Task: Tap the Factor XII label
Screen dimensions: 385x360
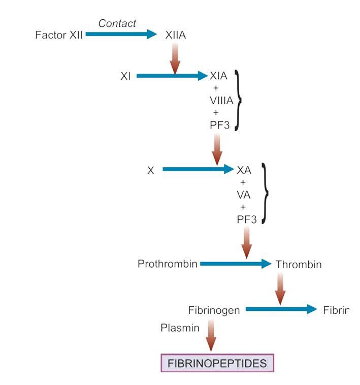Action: point(59,35)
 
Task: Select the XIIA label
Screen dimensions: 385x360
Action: point(176,36)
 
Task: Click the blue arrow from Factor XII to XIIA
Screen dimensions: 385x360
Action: point(121,35)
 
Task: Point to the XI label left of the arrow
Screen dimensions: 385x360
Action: point(126,77)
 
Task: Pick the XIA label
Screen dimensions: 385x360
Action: point(219,76)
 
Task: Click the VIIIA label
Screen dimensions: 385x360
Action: point(221,101)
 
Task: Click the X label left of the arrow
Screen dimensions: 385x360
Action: point(151,171)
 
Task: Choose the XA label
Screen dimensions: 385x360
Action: point(244,170)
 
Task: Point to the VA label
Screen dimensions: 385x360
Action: point(244,195)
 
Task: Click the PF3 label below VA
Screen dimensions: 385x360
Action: point(247,219)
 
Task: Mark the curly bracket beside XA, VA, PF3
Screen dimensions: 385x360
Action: point(265,194)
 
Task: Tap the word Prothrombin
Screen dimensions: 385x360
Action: point(168,264)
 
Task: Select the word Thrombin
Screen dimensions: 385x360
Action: point(299,265)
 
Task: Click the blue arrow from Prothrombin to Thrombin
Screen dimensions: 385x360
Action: point(236,264)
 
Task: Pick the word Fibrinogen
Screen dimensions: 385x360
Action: point(213,310)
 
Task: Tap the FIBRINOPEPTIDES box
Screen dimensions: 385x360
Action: point(217,363)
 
